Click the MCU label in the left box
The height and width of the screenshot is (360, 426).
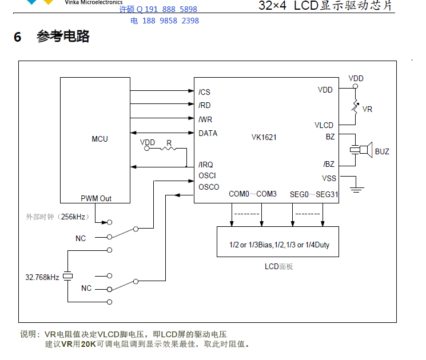pyautogui.click(x=99, y=139)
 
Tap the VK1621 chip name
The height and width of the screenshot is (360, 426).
pyautogui.click(x=264, y=138)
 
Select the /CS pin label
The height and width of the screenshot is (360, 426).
pyautogui.click(x=204, y=92)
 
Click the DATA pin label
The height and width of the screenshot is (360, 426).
pyautogui.click(x=208, y=133)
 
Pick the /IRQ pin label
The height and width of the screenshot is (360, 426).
pyautogui.click(x=206, y=165)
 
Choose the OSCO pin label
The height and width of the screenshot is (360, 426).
pyautogui.click(x=209, y=187)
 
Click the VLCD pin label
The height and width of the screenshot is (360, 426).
pyautogui.click(x=324, y=126)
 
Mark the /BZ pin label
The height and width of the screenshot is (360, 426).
pyautogui.click(x=329, y=165)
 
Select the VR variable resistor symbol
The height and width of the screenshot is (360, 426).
pyautogui.click(x=355, y=107)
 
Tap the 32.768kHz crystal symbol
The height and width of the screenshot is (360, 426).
pyautogui.click(x=68, y=277)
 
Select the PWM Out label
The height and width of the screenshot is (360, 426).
pyautogui.click(x=96, y=198)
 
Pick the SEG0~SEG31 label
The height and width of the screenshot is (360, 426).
pyautogui.click(x=314, y=194)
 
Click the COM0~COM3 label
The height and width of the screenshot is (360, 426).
pyautogui.click(x=253, y=194)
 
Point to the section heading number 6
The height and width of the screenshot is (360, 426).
pyautogui.click(x=18, y=38)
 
